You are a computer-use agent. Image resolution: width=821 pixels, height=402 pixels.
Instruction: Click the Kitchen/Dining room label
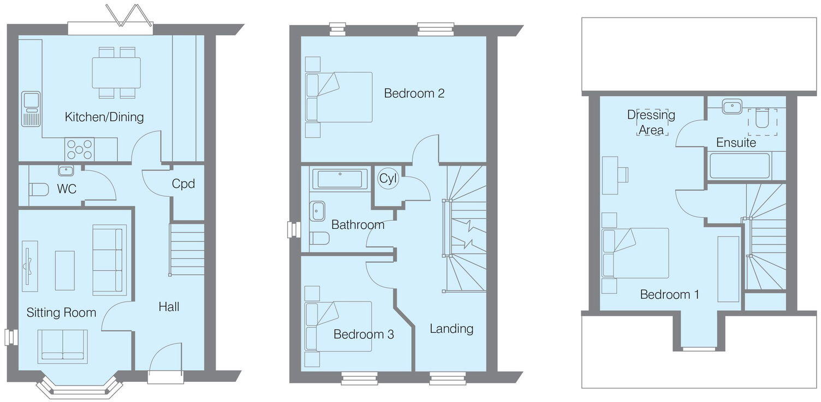click(x=104, y=116)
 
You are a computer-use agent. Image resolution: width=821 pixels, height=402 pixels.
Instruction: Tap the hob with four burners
click(x=80, y=149)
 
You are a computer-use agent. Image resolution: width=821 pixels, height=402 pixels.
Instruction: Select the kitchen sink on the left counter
click(x=31, y=108)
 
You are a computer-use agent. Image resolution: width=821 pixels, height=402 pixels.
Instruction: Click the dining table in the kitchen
click(x=116, y=73)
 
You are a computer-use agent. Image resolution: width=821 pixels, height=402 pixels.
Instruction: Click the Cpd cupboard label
click(x=183, y=184)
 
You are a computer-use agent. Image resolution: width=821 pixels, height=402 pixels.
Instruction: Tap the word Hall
click(x=169, y=306)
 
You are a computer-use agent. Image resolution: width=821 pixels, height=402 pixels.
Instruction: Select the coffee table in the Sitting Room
click(x=64, y=270)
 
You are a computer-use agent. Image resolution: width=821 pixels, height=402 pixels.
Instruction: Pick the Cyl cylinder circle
click(x=388, y=179)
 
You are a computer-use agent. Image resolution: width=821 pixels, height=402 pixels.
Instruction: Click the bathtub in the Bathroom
click(x=340, y=179)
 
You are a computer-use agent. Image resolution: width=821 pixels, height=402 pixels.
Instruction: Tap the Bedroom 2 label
click(x=414, y=93)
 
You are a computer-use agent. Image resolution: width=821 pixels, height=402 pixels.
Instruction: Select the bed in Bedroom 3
click(x=338, y=326)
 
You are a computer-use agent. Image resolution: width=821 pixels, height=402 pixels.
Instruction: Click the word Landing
click(x=451, y=328)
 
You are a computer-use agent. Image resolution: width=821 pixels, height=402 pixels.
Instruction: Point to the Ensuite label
click(x=736, y=143)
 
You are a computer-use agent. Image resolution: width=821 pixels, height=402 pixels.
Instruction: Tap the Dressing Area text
click(x=651, y=122)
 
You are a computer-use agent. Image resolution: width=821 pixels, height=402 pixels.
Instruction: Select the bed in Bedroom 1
click(x=635, y=253)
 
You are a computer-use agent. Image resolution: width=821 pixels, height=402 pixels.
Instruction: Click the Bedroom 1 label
click(x=669, y=294)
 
